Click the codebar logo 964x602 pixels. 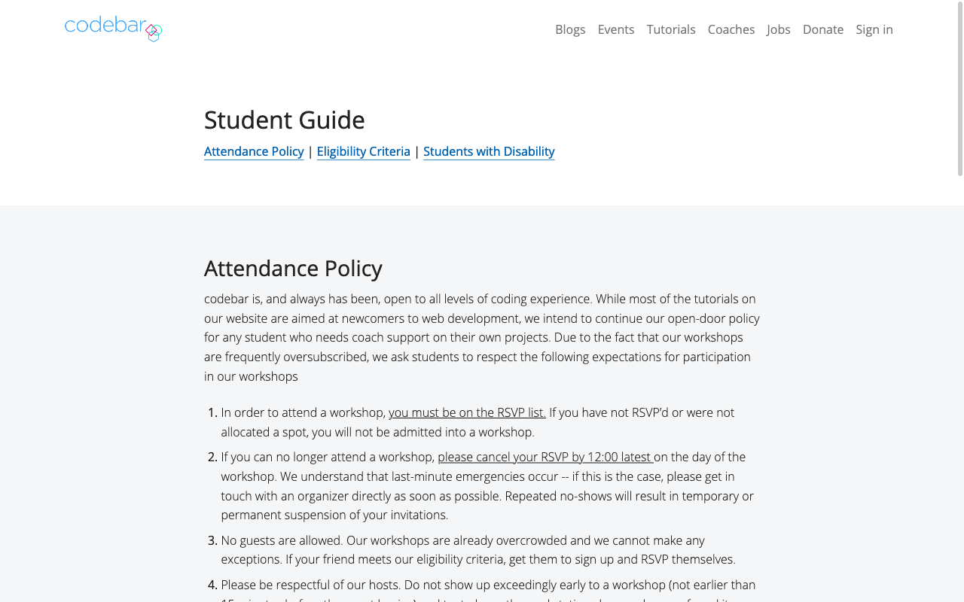113,28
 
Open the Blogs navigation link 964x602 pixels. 570,29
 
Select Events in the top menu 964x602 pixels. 616,29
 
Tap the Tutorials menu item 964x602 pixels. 671,29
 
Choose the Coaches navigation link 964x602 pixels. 731,29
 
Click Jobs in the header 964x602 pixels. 779,29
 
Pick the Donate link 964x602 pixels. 823,29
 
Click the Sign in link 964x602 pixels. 874,29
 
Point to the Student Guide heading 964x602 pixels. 285,120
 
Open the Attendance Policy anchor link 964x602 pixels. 254,151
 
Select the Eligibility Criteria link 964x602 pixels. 364,151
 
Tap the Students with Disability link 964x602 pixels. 489,151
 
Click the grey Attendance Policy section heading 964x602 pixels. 293,269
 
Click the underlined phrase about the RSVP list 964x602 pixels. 467,412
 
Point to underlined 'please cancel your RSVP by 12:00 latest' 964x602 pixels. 545,457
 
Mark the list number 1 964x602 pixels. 212,412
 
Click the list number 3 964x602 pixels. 212,540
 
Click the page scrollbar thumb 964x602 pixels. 959,89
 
